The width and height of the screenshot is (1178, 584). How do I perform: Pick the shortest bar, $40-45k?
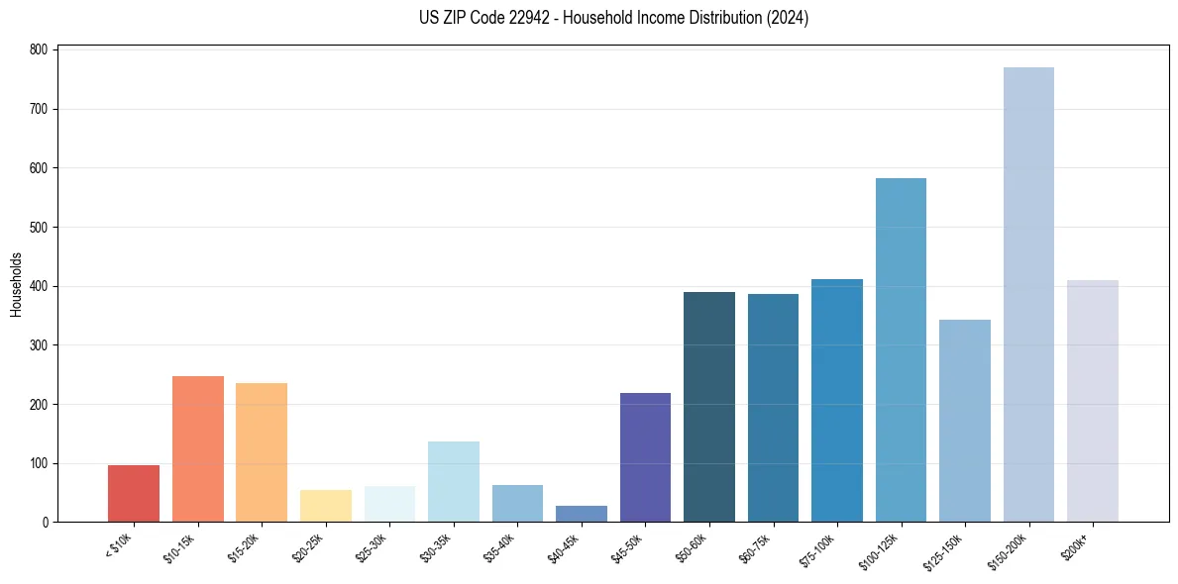point(582,514)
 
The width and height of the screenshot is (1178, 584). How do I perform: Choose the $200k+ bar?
point(1092,401)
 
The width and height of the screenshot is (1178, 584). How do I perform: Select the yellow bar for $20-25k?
point(326,506)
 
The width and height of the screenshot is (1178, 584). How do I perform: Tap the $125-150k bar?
point(965,421)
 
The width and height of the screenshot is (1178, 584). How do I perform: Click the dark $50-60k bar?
point(709,407)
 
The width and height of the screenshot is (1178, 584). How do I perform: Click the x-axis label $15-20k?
point(244,547)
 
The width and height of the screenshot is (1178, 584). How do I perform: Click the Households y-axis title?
point(17,285)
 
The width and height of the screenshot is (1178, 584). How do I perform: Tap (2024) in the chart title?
point(789,18)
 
